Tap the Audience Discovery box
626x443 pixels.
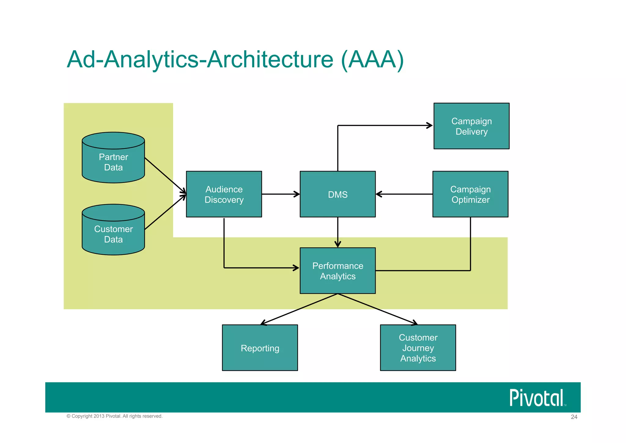tap(224, 194)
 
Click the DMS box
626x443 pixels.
tap(337, 194)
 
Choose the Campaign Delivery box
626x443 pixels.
tap(471, 126)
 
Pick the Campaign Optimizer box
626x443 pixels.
tap(470, 194)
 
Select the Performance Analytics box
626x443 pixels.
tap(337, 271)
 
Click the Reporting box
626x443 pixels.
tap(260, 348)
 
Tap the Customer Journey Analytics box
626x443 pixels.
tap(418, 348)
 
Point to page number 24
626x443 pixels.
tap(574, 417)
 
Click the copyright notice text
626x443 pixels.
tap(114, 416)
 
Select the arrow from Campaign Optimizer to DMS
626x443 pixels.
tap(403, 194)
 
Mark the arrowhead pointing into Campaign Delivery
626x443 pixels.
tap(429, 125)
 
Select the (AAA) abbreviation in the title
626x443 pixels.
tap(372, 59)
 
